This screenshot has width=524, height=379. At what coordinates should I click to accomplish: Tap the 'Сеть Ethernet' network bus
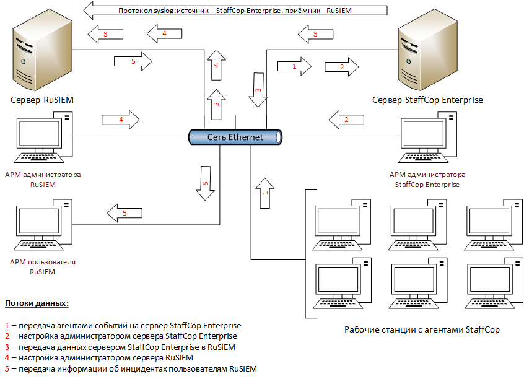click(x=235, y=137)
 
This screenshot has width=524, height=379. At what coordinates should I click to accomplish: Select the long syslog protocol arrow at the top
click(x=235, y=11)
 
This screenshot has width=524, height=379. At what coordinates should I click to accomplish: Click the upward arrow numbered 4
click(x=216, y=64)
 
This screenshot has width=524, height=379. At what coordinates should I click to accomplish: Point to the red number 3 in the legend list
click(x=7, y=347)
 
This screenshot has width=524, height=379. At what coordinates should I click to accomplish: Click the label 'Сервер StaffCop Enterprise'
click(x=427, y=100)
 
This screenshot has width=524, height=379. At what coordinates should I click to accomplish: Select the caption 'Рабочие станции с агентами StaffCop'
click(x=422, y=329)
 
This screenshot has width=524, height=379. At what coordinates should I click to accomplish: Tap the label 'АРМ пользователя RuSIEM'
click(x=43, y=267)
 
